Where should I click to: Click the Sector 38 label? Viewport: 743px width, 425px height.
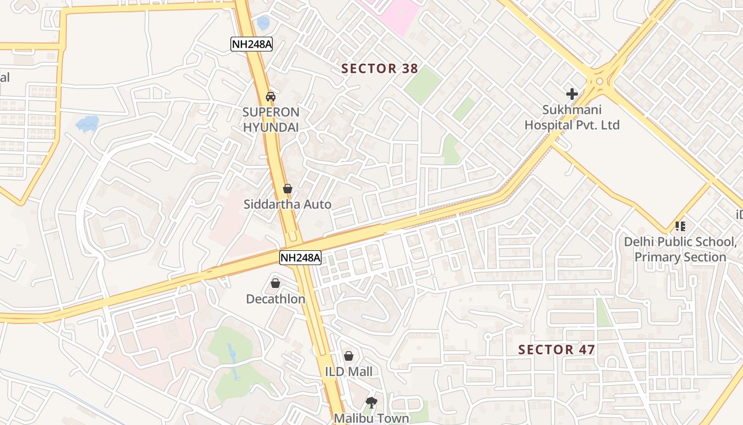[379, 69]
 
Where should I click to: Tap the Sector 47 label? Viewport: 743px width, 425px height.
[556, 350]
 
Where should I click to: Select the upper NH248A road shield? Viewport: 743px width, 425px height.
[252, 44]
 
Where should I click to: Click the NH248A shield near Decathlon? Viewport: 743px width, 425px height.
[300, 258]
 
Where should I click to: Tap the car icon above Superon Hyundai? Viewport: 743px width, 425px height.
[271, 97]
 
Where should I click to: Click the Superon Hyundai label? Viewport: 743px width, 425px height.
[271, 120]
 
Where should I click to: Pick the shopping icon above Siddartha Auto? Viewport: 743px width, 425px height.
[288, 189]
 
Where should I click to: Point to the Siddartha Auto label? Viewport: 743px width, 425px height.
[288, 204]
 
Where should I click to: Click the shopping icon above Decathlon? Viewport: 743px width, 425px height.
[275, 283]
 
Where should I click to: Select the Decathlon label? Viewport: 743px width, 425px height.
[275, 299]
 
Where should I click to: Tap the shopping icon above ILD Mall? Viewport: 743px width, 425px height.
[349, 356]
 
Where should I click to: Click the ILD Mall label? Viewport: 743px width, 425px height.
[349, 371]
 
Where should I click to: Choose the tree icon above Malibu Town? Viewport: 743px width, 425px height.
[371, 403]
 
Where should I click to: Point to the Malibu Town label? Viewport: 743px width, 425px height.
[371, 418]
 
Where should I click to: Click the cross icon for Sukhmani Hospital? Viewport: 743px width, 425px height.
[572, 94]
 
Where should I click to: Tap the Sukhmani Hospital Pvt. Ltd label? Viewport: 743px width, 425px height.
[572, 117]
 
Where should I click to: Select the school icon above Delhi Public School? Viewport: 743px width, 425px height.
[680, 226]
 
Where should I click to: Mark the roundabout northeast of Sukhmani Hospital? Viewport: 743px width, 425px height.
[600, 81]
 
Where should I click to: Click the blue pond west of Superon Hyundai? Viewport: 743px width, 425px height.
[87, 124]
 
